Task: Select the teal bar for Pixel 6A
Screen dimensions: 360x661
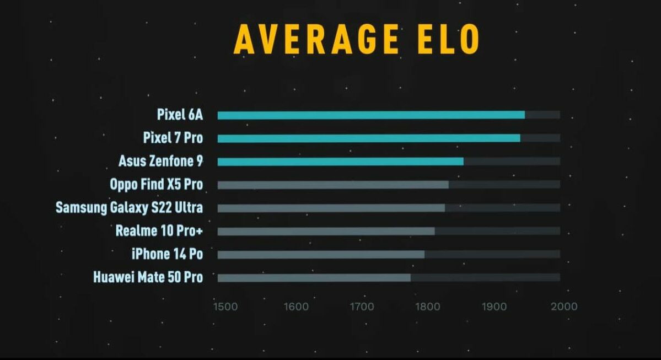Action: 371,115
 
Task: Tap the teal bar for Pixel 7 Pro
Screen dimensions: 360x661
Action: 369,138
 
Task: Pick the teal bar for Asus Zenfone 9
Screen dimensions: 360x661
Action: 340,161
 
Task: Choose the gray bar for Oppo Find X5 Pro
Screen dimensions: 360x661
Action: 333,185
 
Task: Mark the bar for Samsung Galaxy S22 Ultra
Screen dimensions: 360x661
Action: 331,208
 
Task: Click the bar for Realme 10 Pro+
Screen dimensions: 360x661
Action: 326,231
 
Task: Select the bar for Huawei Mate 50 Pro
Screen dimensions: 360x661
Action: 314,277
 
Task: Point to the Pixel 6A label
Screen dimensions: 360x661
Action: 180,115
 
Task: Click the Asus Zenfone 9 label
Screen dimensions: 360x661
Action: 160,161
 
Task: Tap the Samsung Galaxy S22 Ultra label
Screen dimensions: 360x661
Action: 129,208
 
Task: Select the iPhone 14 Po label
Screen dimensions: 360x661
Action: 166,254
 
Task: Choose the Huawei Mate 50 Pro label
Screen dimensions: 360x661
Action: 148,277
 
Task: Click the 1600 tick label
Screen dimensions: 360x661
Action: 297,306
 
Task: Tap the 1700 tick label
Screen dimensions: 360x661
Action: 362,306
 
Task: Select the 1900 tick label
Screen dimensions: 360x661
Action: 493,306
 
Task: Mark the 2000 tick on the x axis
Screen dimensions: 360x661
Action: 563,306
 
